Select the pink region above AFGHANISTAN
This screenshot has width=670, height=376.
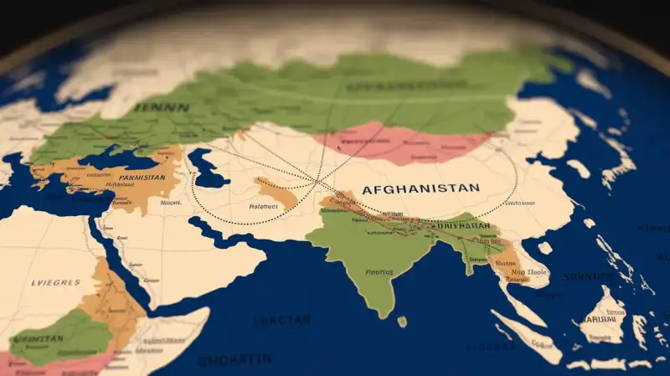pyautogui.click(x=402, y=142)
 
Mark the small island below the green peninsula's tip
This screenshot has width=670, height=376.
pyautogui.click(x=402, y=322)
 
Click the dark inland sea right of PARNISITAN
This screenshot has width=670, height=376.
pyautogui.click(x=205, y=167)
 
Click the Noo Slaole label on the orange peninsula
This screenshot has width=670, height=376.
pyautogui.click(x=512, y=273)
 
